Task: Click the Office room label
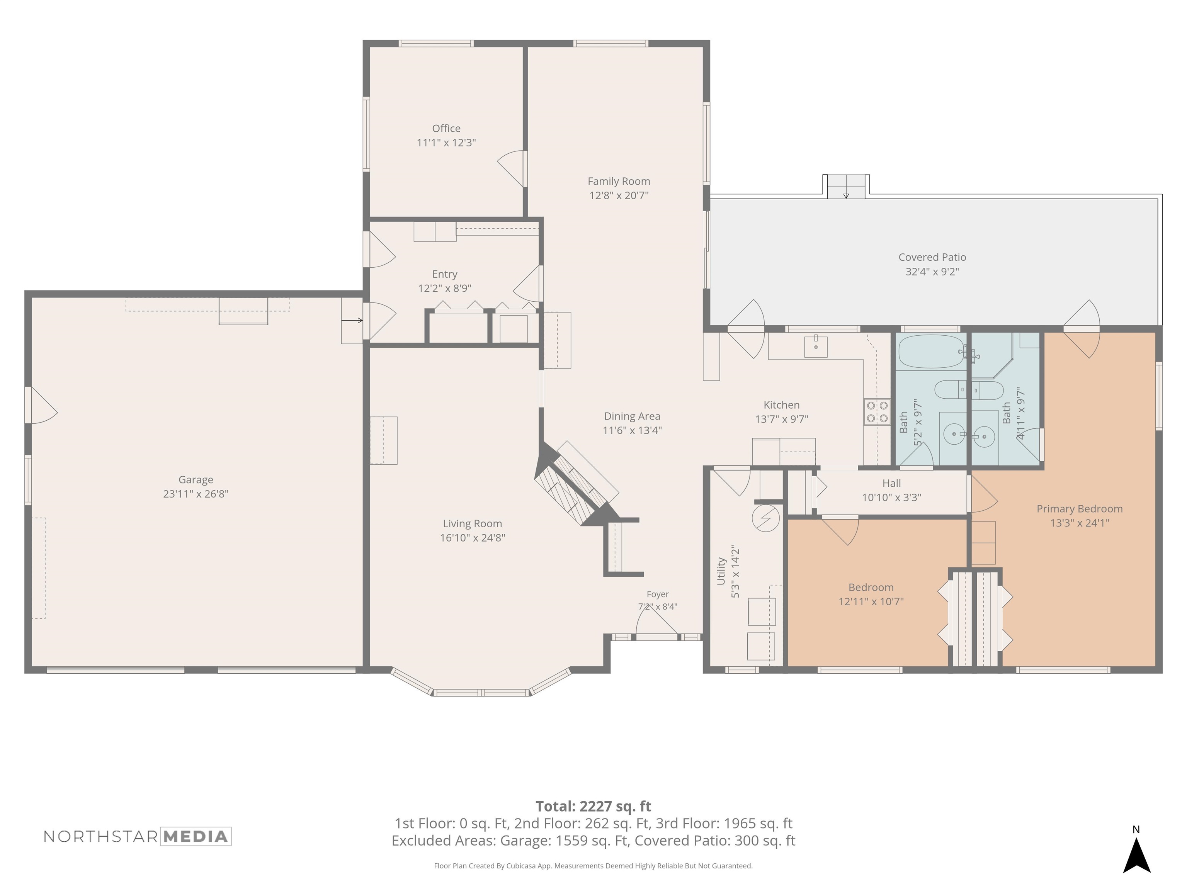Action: [446, 128]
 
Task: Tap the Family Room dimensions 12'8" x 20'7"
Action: [619, 196]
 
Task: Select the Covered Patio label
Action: [932, 257]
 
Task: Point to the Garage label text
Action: [196, 480]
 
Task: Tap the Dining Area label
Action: [632, 416]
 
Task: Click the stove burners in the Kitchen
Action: [877, 412]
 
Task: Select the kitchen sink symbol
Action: [816, 346]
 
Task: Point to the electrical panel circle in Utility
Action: [766, 518]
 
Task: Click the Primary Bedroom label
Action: [1080, 509]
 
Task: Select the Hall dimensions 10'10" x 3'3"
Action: [892, 497]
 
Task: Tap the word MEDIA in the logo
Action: [196, 836]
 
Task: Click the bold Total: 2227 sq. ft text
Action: [593, 806]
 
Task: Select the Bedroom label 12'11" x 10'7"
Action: [871, 594]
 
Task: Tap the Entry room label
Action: [445, 274]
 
